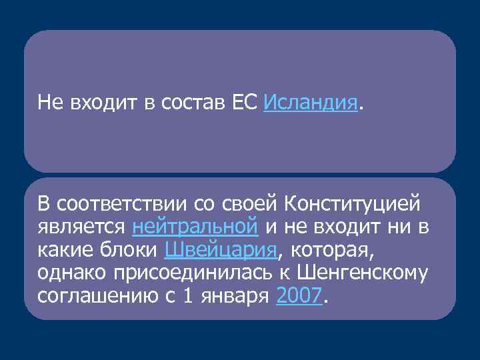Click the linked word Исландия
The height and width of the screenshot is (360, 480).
click(311, 103)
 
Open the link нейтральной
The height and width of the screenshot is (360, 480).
click(195, 227)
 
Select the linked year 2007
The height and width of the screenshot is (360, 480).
click(299, 296)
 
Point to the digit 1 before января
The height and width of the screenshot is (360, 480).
click(188, 296)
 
